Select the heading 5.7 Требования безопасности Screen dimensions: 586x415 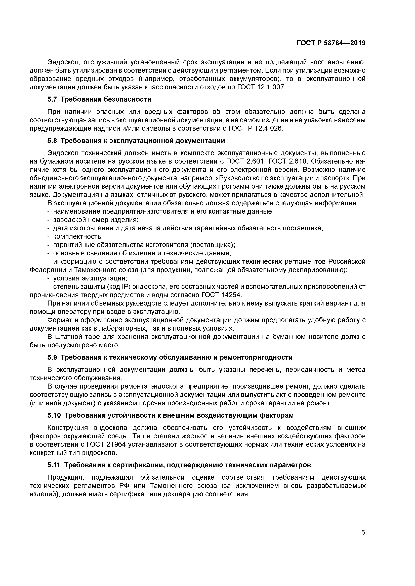point(99,99)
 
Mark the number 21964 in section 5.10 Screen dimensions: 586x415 point(113,444)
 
